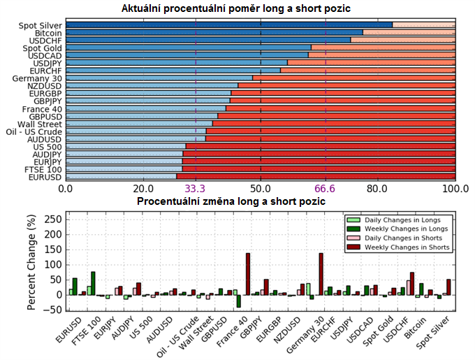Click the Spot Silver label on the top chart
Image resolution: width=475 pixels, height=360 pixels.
click(40, 26)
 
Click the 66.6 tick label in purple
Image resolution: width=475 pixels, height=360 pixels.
click(326, 189)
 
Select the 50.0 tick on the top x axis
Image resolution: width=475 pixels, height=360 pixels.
click(261, 189)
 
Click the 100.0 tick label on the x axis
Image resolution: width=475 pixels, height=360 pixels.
click(455, 189)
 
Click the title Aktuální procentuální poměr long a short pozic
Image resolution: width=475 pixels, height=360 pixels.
click(236, 8)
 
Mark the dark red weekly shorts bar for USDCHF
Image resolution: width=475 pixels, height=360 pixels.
click(412, 283)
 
